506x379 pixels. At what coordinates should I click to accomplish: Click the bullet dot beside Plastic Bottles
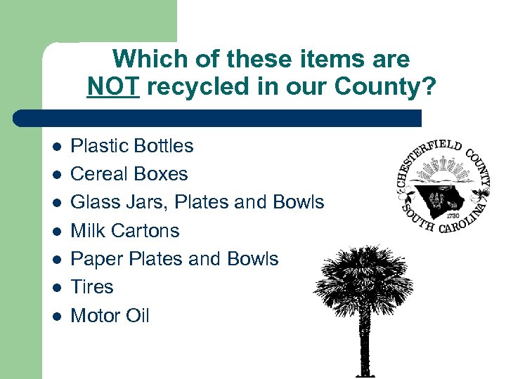(56, 146)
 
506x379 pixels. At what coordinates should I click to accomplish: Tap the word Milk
(86, 230)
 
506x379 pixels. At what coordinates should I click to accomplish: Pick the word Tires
(92, 287)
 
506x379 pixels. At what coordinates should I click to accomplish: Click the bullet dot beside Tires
(56, 288)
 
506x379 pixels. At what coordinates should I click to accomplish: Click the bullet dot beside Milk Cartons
(56, 231)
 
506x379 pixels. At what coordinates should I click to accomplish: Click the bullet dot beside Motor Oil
(56, 317)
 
